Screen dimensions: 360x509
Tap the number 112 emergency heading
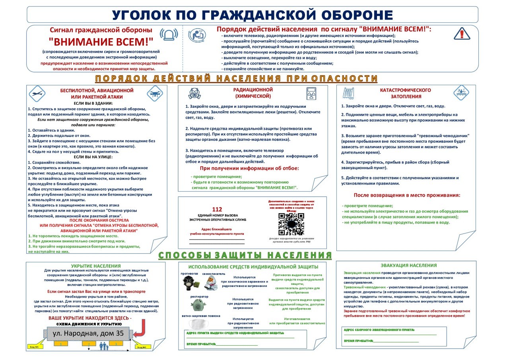pos(217,210)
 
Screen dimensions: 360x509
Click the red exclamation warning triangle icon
pos(462,33)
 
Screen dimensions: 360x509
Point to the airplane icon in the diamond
pos(37,94)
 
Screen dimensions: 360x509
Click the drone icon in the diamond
pos(155,94)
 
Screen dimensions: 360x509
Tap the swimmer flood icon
pos(462,93)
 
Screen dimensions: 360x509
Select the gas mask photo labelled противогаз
pos(190,283)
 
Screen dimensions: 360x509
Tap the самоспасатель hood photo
pos(212,283)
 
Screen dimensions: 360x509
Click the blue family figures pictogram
pos(105,347)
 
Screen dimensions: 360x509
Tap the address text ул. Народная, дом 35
pos(88,333)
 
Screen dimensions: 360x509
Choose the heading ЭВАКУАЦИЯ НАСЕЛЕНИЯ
pos(408,265)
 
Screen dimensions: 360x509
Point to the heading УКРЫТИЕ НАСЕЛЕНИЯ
pos(96,266)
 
